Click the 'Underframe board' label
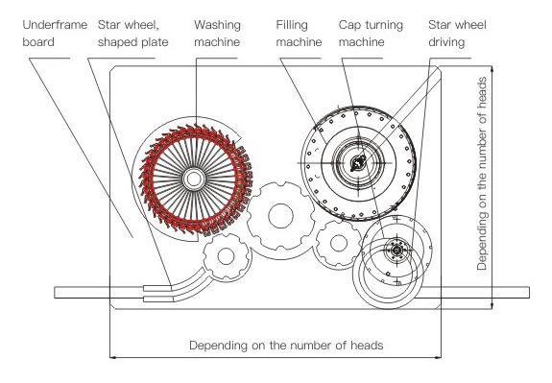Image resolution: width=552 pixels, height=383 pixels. [55, 34]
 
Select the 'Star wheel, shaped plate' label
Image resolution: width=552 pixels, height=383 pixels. [133, 34]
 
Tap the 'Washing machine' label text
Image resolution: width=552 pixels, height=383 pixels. [217, 34]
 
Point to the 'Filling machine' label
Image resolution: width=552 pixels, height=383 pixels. [299, 34]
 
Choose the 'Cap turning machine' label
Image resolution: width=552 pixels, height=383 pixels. [371, 34]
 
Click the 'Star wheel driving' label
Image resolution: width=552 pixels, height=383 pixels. [457, 34]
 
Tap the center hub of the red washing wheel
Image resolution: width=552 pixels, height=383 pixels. [193, 179]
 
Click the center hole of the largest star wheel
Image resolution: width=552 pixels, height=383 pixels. [280, 215]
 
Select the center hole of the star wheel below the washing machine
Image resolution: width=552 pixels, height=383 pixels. [226, 256]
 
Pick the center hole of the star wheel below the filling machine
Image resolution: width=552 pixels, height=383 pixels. [339, 243]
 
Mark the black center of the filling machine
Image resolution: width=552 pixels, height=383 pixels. [358, 163]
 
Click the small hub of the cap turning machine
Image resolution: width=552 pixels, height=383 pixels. [396, 250]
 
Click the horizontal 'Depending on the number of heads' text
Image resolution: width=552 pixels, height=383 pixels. [286, 345]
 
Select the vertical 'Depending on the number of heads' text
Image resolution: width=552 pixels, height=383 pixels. [482, 174]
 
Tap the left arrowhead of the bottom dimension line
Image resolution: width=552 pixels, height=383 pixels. [112, 357]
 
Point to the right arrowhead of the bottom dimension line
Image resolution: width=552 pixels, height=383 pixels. [439, 357]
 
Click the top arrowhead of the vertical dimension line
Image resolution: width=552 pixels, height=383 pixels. [492, 69]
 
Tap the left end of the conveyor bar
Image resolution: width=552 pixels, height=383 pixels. [55, 293]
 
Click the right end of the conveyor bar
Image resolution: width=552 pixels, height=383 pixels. [529, 293]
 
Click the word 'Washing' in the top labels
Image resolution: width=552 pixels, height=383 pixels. [217, 25]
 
